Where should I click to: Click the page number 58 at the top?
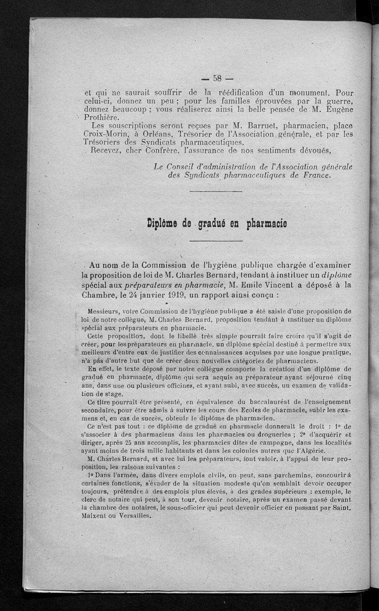click(218, 78)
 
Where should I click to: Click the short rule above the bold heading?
click(216, 191)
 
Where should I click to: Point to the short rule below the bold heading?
click(216, 241)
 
